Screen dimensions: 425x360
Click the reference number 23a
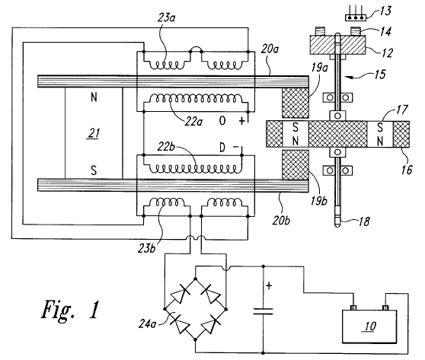coord(167,18)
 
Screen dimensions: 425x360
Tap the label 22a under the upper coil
coord(193,122)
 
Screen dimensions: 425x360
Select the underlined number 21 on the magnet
coord(93,133)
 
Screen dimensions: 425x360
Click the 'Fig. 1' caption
coord(71,310)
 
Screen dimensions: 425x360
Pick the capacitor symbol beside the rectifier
coord(263,311)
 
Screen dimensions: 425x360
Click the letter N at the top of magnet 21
coord(94,97)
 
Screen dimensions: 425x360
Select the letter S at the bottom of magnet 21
coord(94,170)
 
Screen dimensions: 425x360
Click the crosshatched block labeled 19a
coord(296,103)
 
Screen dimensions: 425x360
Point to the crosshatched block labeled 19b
coord(296,164)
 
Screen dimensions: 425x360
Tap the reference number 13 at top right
coord(385,11)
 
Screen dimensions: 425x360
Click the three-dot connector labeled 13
coord(356,18)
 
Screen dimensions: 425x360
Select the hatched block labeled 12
coord(338,45)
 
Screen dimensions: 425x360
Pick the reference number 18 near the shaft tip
coord(364,221)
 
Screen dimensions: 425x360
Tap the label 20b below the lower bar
coord(281,221)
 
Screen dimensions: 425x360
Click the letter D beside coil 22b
coord(222,148)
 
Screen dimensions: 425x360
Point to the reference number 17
coord(402,110)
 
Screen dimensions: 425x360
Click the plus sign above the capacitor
coord(269,285)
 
